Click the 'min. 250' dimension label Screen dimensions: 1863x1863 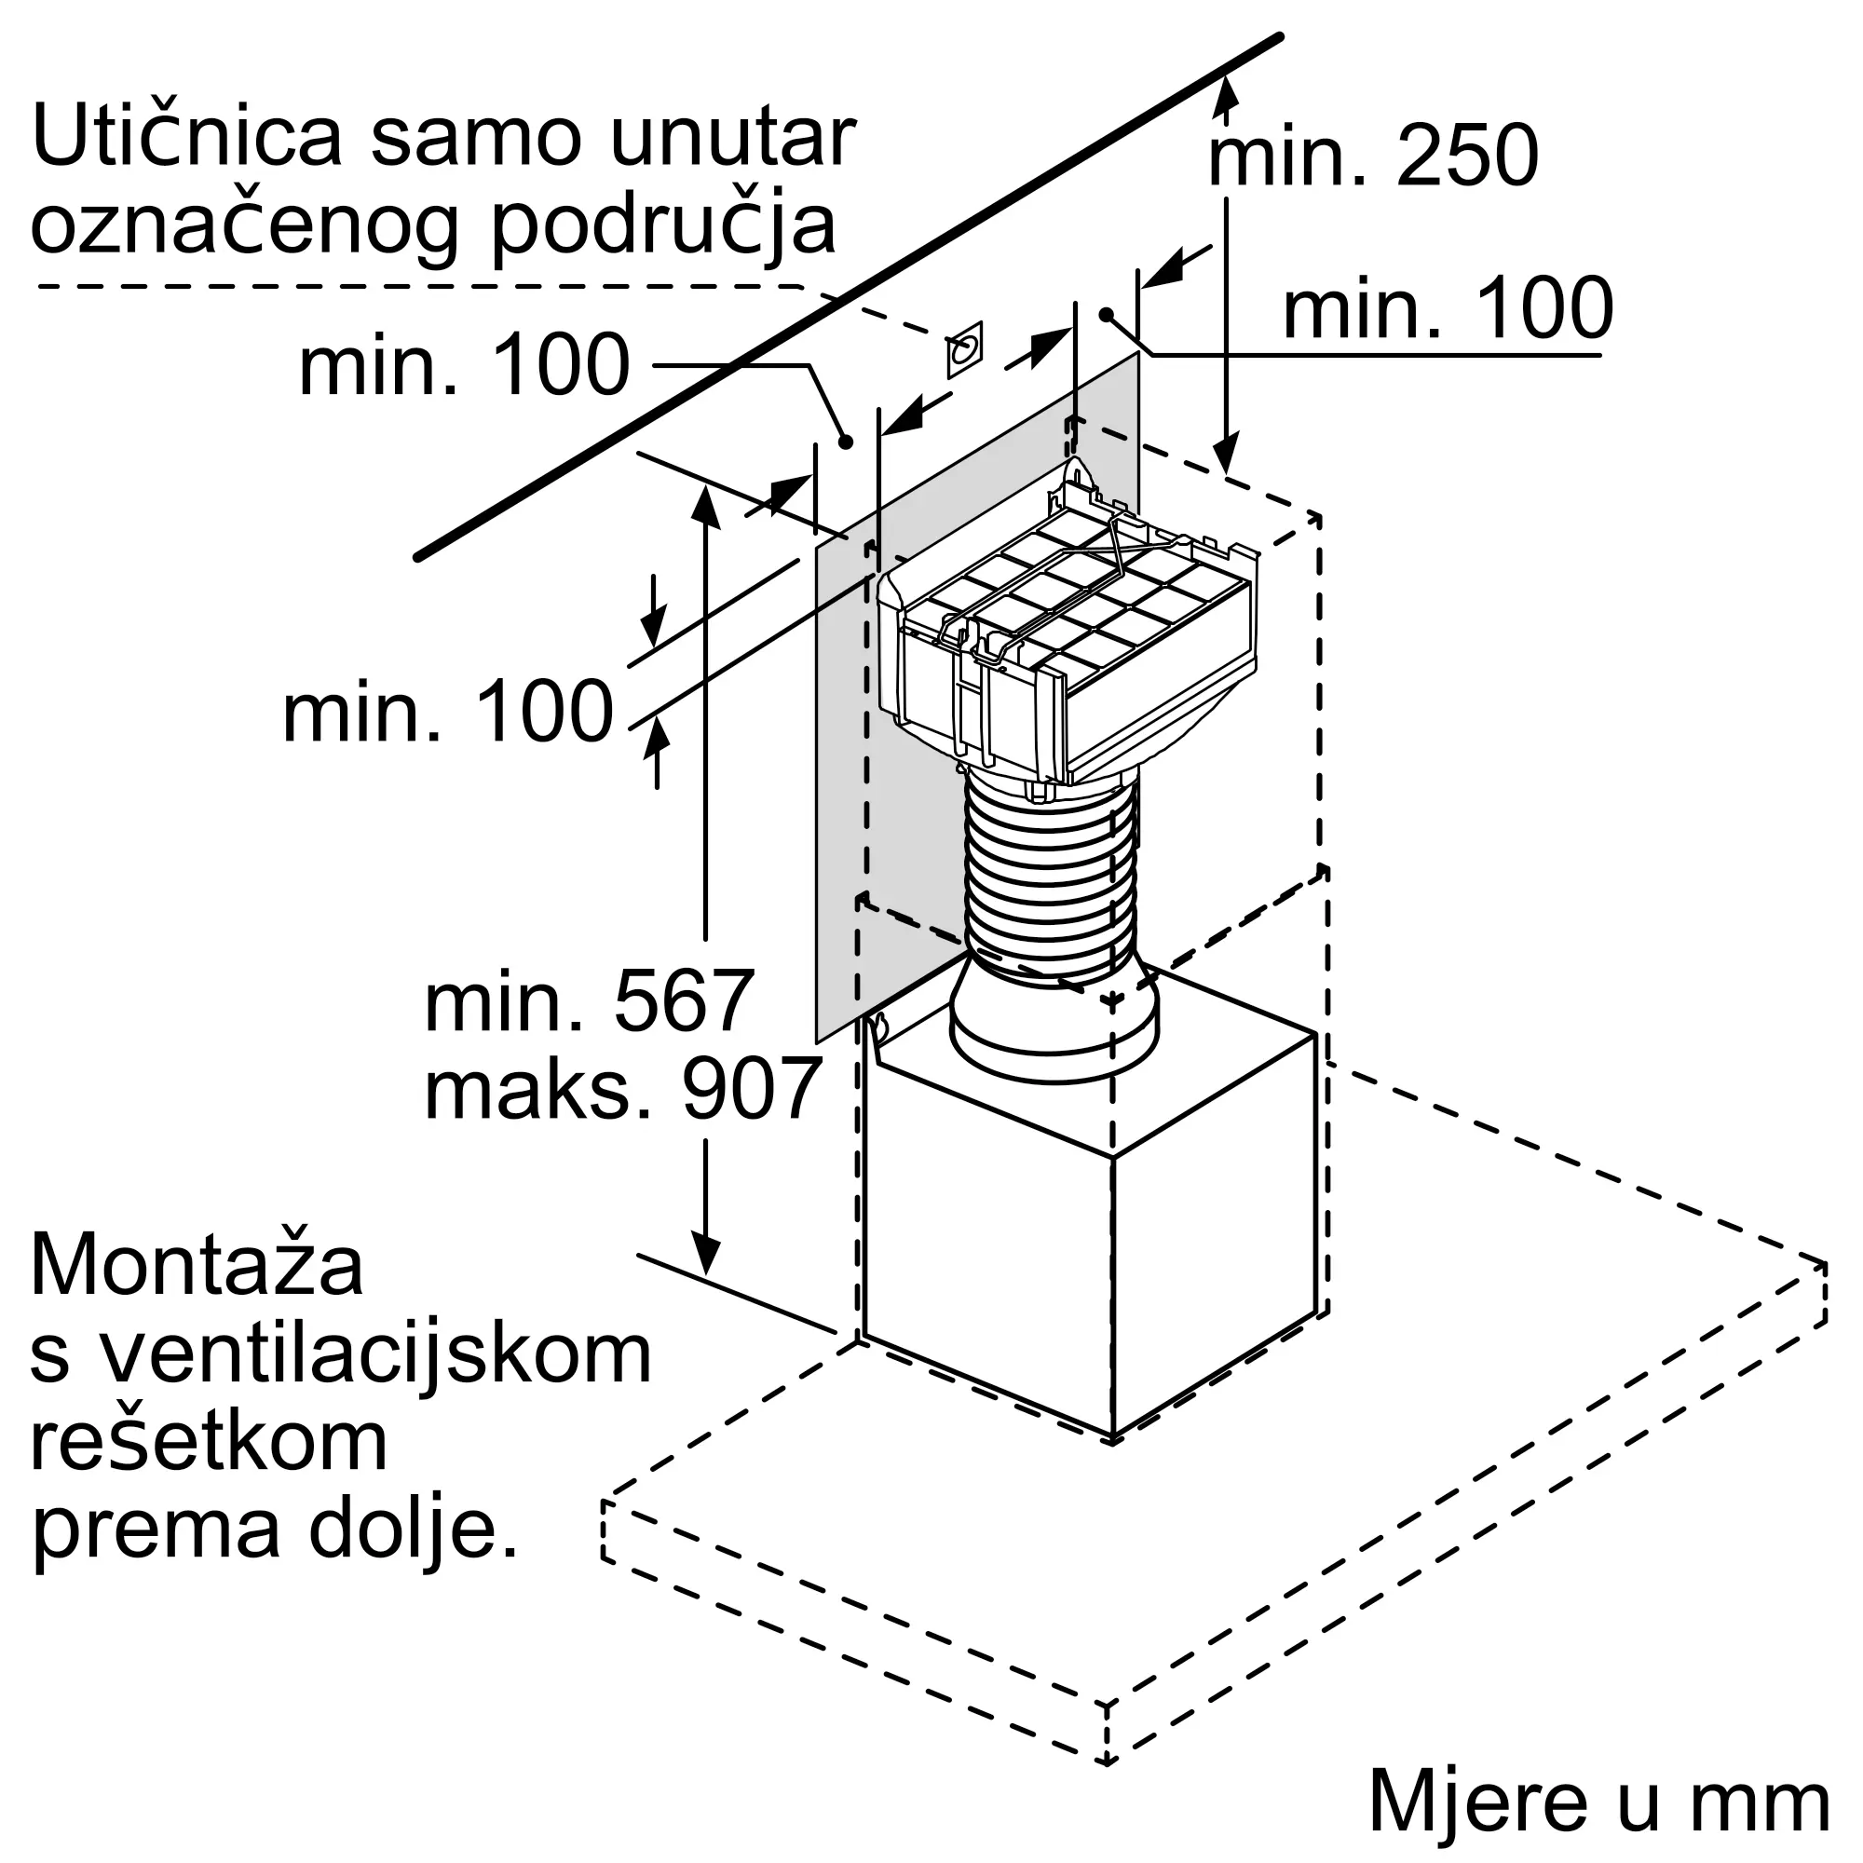pyautogui.click(x=1372, y=156)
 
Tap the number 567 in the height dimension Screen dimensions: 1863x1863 pyautogui.click(x=683, y=1002)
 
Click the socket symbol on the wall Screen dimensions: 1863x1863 pyautogui.click(x=964, y=349)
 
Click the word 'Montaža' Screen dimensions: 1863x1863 pyautogui.click(x=197, y=1267)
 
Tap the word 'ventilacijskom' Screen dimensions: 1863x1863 pyautogui.click(x=376, y=1354)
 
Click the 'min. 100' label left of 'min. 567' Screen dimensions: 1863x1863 pyautogui.click(x=447, y=714)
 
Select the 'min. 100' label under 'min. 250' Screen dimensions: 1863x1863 pyautogui.click(x=1448, y=308)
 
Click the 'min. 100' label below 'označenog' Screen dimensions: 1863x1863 pyautogui.click(x=464, y=366)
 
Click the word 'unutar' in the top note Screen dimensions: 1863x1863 pyautogui.click(x=733, y=137)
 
